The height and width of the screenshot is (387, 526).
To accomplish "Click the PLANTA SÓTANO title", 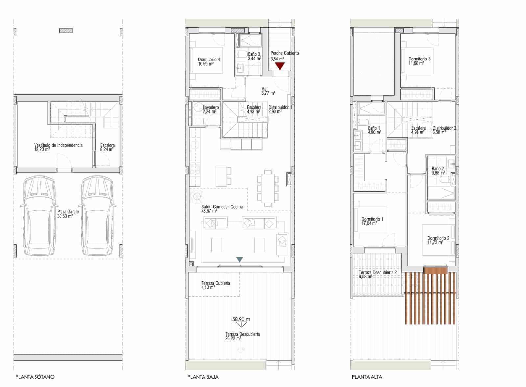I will point(35,377).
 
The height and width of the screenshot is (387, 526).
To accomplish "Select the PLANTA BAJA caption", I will point(203,377).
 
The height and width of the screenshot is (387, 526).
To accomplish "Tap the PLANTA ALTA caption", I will point(367,377).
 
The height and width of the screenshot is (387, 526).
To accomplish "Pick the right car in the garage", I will point(98,216).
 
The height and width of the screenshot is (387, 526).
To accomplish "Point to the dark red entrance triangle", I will point(279,66).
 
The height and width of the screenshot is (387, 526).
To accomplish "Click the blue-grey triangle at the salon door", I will point(240,259).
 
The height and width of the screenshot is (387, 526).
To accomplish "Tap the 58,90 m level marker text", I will point(241,319).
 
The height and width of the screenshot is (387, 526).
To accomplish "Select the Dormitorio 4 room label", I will point(209,61).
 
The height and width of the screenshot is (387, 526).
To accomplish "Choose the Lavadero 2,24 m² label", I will point(211,109).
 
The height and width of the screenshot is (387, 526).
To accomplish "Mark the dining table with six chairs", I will point(268,188).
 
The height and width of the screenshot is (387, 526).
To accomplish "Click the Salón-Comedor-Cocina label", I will point(222,209).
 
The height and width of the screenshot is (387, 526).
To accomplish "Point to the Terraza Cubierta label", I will point(215,285).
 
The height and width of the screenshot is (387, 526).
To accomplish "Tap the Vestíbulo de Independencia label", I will point(58,147).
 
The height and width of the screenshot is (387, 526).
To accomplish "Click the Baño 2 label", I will point(438,170).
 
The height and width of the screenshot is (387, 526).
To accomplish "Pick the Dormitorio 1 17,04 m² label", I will point(372,221).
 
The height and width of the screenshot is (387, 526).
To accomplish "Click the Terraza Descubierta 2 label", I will point(378,274).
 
